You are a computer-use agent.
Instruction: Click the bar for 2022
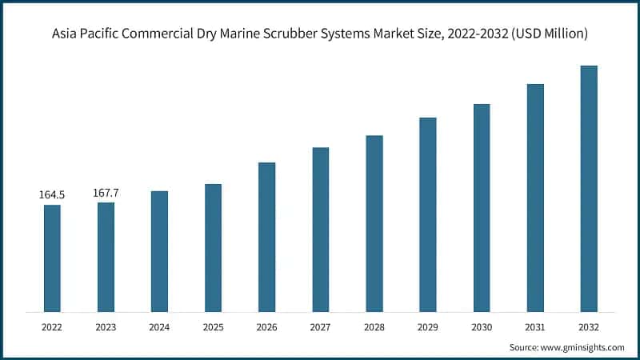52,258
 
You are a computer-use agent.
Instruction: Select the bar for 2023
106,257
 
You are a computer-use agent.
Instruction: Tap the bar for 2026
266,237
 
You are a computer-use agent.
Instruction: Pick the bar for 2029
428,214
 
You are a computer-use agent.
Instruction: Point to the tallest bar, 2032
589,189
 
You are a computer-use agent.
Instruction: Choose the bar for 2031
535,198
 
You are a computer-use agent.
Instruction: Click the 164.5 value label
52,194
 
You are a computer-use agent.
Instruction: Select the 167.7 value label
106,192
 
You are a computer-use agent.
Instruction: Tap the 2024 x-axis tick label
159,326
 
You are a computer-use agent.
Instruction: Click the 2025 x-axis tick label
213,326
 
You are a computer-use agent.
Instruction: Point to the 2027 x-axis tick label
320,326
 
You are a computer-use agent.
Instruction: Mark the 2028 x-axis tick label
374,326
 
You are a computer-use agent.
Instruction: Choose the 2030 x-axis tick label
482,326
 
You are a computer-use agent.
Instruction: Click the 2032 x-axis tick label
589,326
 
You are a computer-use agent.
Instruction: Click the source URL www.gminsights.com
582,347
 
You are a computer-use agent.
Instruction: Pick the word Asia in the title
66,34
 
